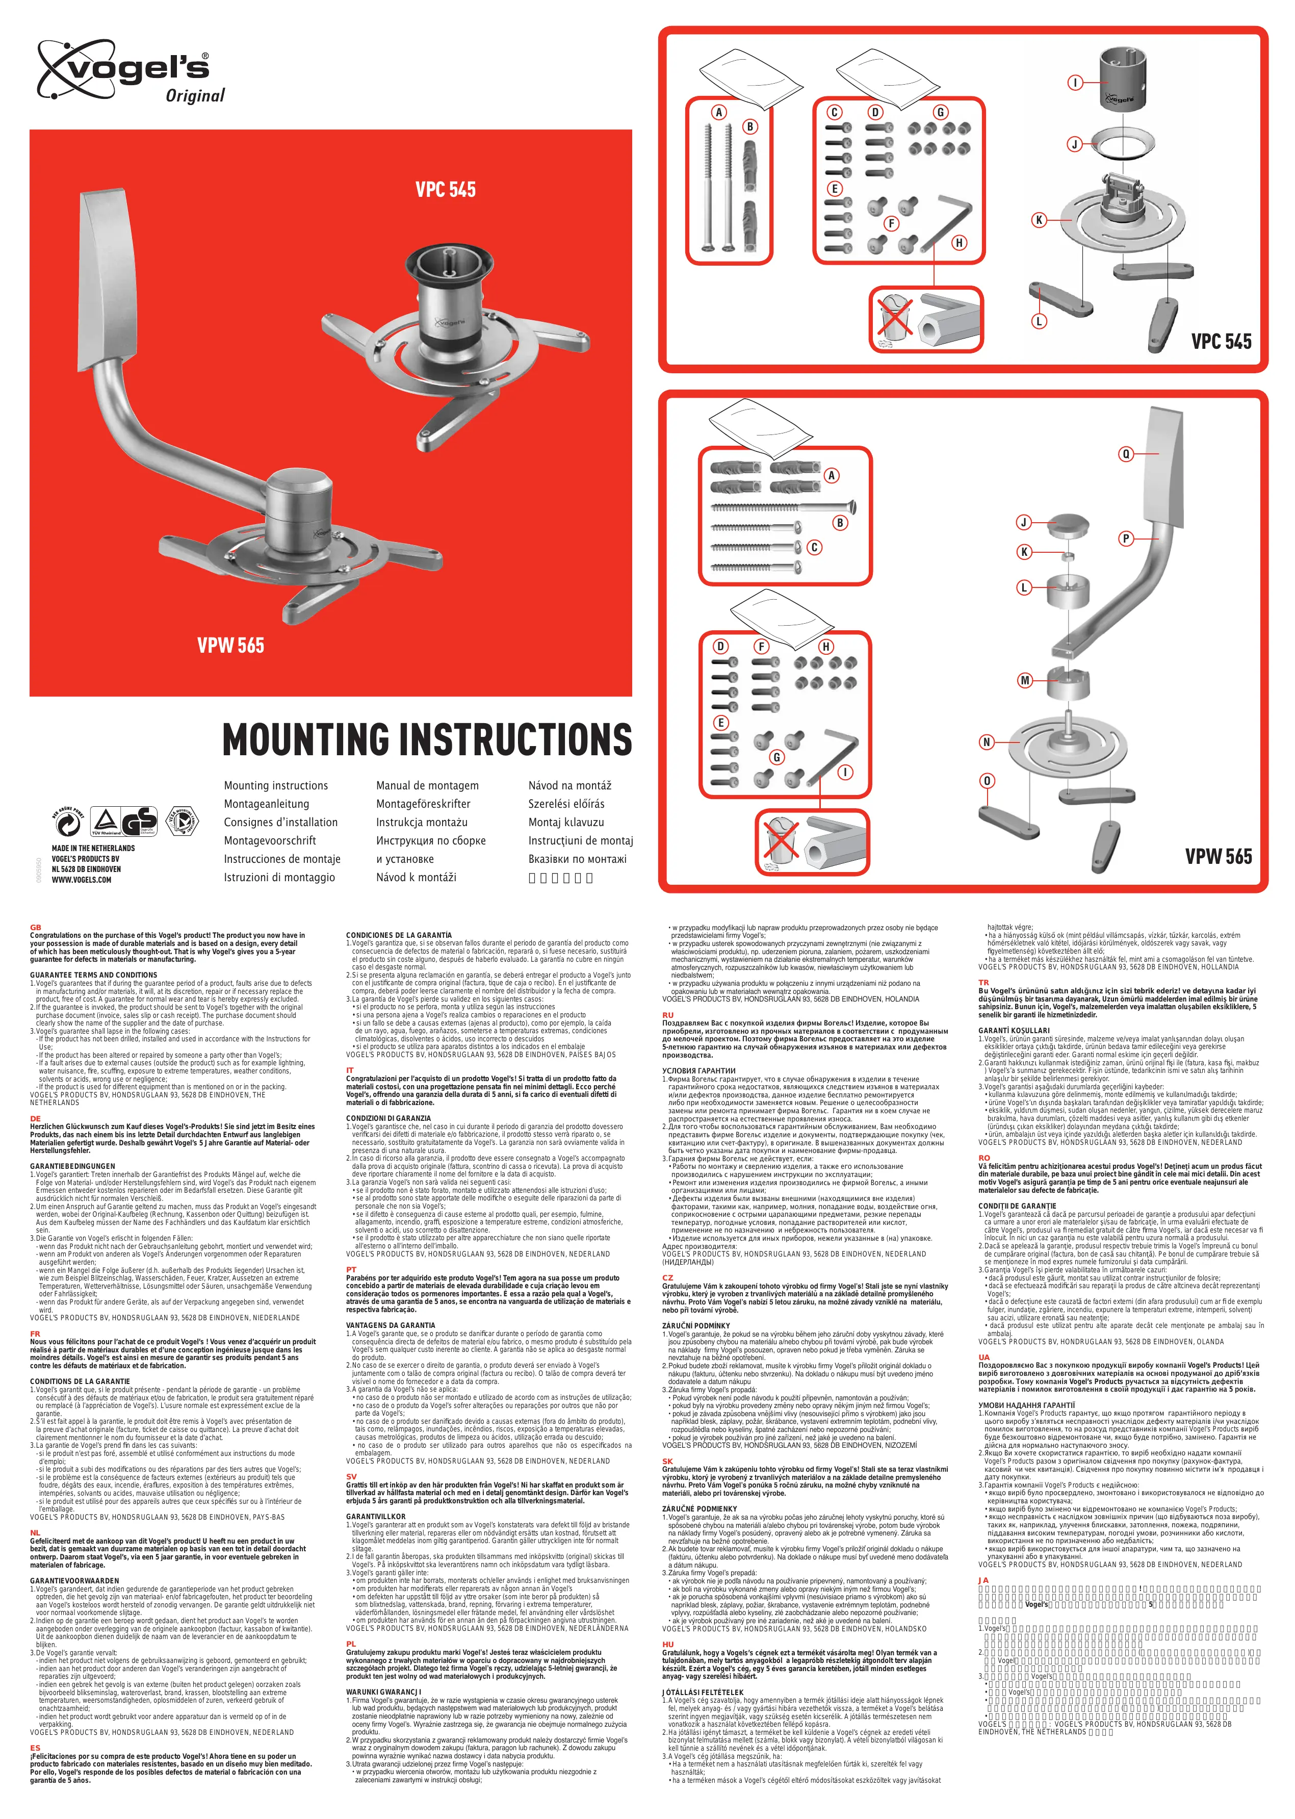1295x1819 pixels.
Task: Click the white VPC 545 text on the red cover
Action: pyautogui.click(x=445, y=190)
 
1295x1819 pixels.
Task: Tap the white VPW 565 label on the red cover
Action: pyautogui.click(x=230, y=645)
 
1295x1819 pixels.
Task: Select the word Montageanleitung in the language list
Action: pyautogui.click(x=266, y=804)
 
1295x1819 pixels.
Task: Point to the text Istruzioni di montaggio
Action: pyautogui.click(x=279, y=877)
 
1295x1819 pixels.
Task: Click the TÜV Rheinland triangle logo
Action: pyautogui.click(x=106, y=822)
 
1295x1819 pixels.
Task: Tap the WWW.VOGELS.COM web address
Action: pyautogui.click(x=82, y=880)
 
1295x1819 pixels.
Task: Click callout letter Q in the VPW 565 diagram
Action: pyautogui.click(x=1126, y=454)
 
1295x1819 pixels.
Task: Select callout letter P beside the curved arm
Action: pyautogui.click(x=1126, y=539)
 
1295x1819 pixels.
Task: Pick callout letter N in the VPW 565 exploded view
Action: pyautogui.click(x=987, y=741)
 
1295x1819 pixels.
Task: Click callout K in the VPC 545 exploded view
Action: pyautogui.click(x=1038, y=220)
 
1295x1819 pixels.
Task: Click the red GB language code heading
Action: pyautogui.click(x=35, y=928)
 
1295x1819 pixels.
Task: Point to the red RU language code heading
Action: pyautogui.click(x=667, y=1015)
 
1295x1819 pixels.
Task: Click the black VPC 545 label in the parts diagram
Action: pyautogui.click(x=1221, y=341)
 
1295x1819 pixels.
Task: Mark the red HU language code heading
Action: pyautogui.click(x=667, y=1645)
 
